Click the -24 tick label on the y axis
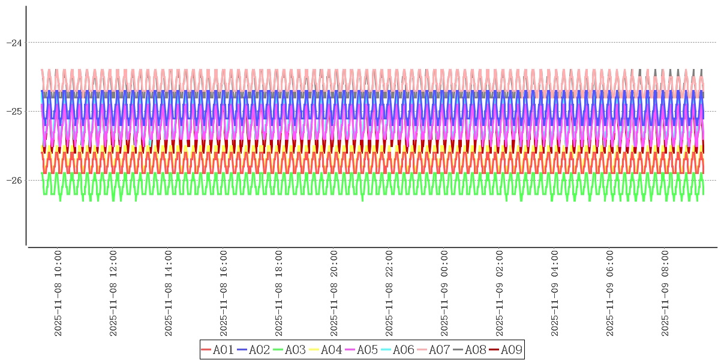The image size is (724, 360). pos(14,43)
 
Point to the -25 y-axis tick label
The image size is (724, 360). pos(14,112)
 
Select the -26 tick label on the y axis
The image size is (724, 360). pos(14,181)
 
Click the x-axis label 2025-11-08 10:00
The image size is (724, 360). pos(58,293)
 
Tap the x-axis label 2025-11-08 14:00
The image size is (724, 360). pos(169,293)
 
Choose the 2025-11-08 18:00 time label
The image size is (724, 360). pos(279,293)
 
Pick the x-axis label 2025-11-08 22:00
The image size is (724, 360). pos(389,293)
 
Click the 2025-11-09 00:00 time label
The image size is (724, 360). pos(444,293)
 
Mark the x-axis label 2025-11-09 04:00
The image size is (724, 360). pos(555,293)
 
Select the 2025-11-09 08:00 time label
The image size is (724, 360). pos(665,293)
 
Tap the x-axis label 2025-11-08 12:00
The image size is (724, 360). pos(113,293)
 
